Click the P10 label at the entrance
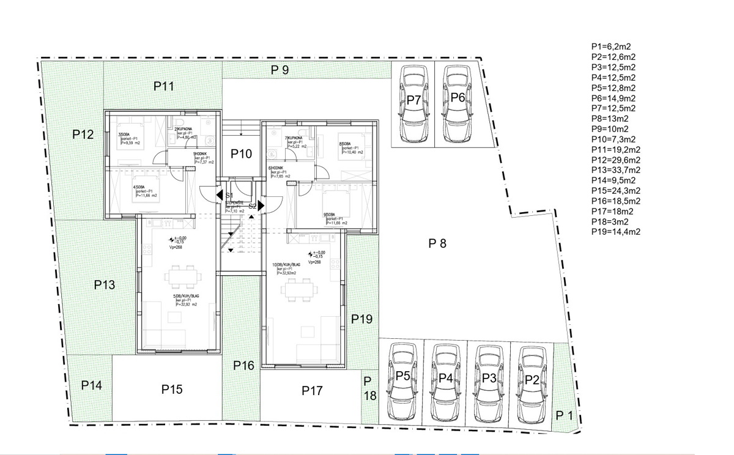click(242, 154)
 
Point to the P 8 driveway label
click(437, 243)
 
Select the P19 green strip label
click(361, 319)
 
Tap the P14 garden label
click(91, 385)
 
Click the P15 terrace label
click(172, 389)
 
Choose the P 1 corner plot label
click(564, 416)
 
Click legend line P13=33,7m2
click(616, 170)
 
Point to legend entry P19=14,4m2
click(616, 232)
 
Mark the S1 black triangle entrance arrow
click(220, 195)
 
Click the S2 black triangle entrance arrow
click(261, 206)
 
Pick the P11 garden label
click(164, 87)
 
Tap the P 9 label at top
click(280, 70)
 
